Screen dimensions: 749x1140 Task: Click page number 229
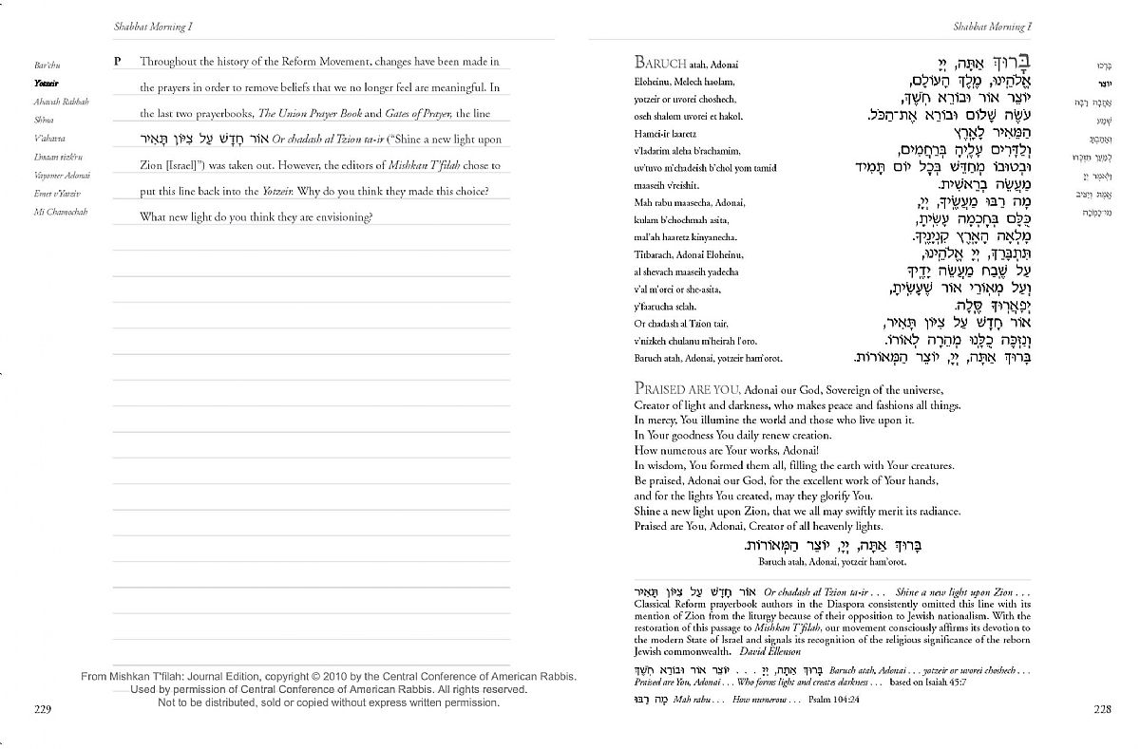point(42,708)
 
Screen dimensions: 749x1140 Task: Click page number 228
point(1102,708)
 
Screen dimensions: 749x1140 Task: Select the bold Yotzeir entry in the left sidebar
point(46,83)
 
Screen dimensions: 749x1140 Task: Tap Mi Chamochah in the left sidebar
point(60,212)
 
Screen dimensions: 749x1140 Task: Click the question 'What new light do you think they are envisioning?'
point(256,216)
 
